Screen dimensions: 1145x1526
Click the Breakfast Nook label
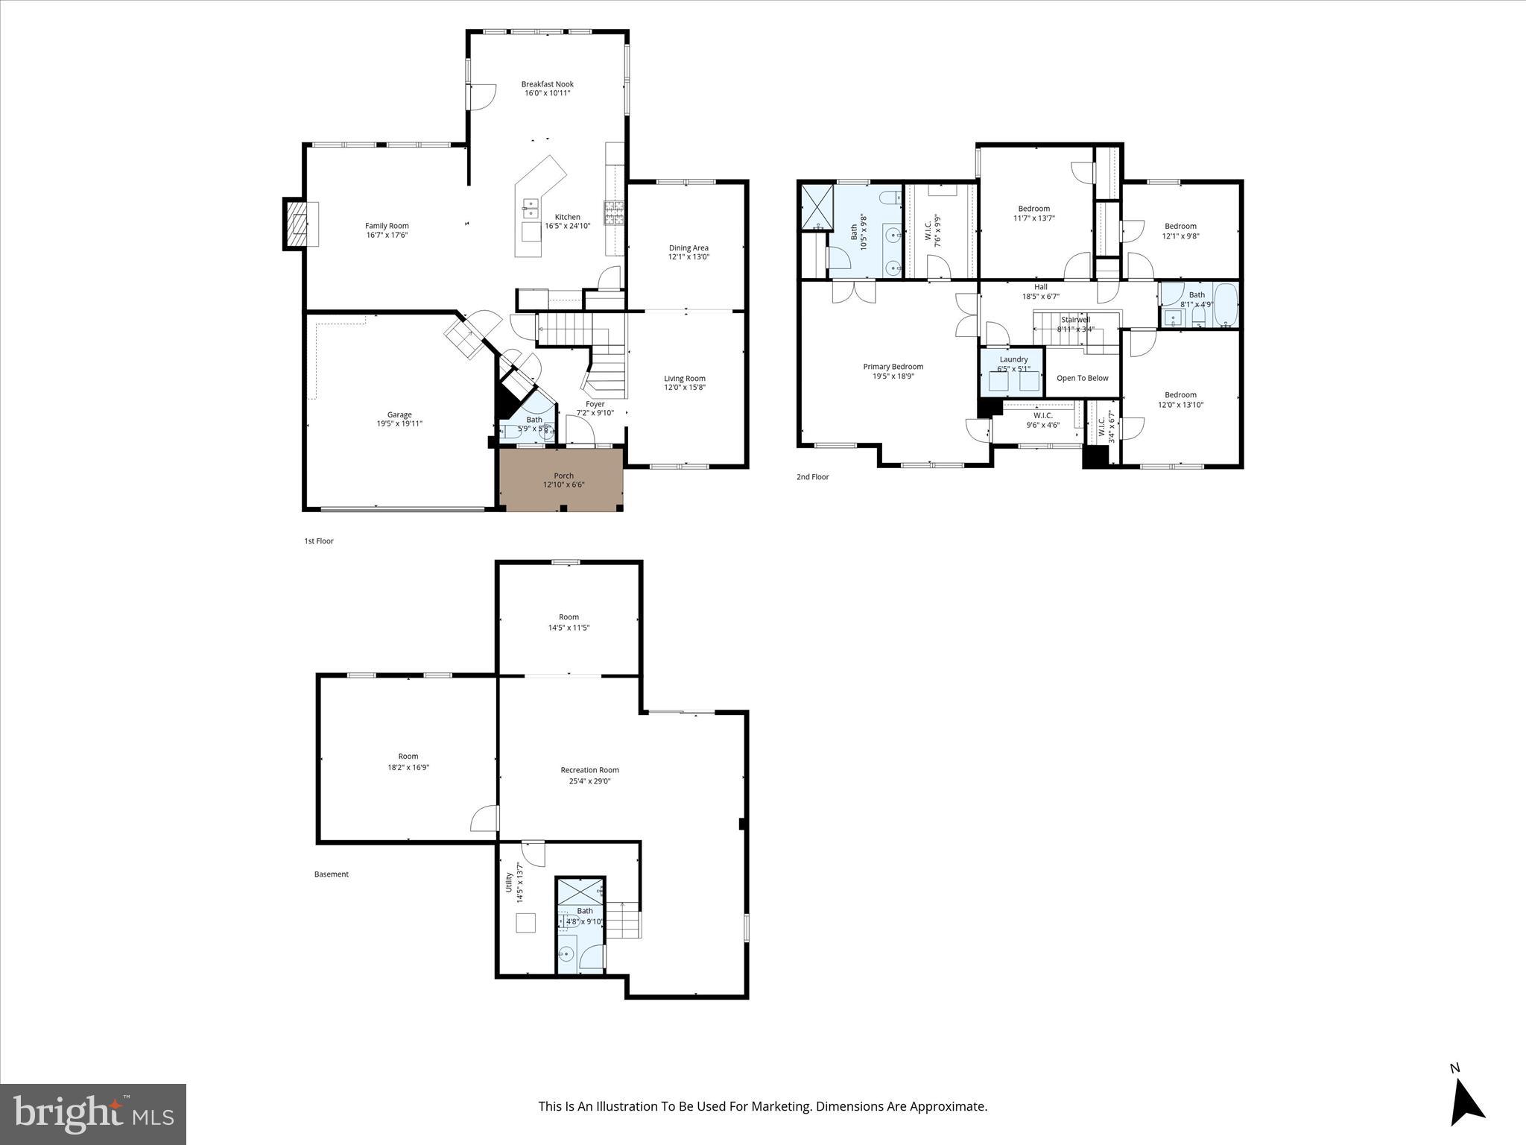(x=547, y=84)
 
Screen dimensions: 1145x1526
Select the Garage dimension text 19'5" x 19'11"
(x=399, y=424)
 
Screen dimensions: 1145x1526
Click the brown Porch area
(x=561, y=479)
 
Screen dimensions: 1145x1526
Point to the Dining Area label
(x=688, y=248)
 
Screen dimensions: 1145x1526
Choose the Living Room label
(x=684, y=379)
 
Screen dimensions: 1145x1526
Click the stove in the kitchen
(x=613, y=212)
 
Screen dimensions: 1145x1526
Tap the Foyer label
(x=595, y=404)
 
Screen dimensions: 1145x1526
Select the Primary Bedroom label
(x=893, y=367)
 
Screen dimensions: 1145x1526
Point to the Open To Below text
(x=1082, y=378)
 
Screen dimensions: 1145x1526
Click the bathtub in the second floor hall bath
(x=1224, y=304)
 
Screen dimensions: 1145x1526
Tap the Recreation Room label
(x=589, y=770)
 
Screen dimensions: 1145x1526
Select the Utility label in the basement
(x=510, y=882)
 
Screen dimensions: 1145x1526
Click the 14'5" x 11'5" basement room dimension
(x=569, y=628)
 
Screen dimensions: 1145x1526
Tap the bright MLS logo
(x=93, y=1114)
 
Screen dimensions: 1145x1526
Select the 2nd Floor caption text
(x=812, y=477)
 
